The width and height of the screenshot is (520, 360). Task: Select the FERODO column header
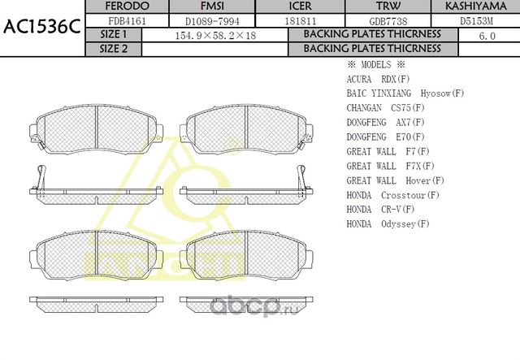click(128, 7)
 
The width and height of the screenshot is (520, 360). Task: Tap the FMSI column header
click(211, 7)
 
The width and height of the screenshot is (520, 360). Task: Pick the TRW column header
click(379, 7)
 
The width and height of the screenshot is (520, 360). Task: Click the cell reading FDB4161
click(128, 20)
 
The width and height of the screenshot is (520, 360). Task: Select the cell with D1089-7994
click(211, 20)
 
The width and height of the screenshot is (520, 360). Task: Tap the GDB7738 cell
click(379, 20)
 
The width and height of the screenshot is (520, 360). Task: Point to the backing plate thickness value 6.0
click(487, 35)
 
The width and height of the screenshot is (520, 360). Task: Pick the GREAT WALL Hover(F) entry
click(395, 180)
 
